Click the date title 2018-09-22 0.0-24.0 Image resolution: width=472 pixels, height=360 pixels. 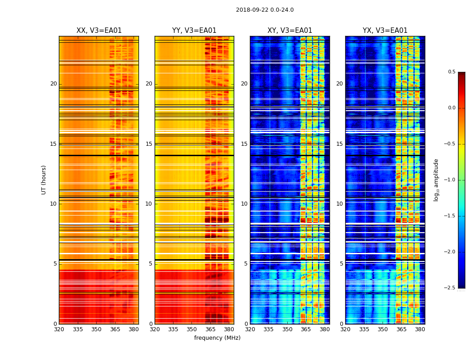click(x=265, y=10)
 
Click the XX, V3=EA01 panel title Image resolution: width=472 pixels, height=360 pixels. click(x=99, y=31)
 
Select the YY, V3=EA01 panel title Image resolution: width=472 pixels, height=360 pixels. click(x=194, y=31)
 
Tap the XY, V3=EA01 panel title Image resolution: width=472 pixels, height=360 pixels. click(x=289, y=31)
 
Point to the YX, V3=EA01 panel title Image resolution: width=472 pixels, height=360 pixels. click(x=385, y=31)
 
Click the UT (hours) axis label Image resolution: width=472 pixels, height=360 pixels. click(x=44, y=180)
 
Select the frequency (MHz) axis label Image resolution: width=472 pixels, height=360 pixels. click(x=217, y=338)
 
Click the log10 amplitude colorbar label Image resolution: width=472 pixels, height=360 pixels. click(x=436, y=180)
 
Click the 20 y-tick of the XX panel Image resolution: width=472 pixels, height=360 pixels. click(x=53, y=84)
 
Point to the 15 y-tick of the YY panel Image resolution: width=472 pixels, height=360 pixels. click(x=149, y=144)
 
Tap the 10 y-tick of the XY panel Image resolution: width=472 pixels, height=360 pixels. click(x=245, y=204)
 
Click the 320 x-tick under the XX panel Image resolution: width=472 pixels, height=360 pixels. click(x=59, y=329)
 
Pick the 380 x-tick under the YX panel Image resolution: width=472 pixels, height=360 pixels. click(x=420, y=329)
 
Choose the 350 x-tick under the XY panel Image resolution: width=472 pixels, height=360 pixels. click(x=287, y=329)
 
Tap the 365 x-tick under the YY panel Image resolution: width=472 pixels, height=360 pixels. click(x=210, y=329)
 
